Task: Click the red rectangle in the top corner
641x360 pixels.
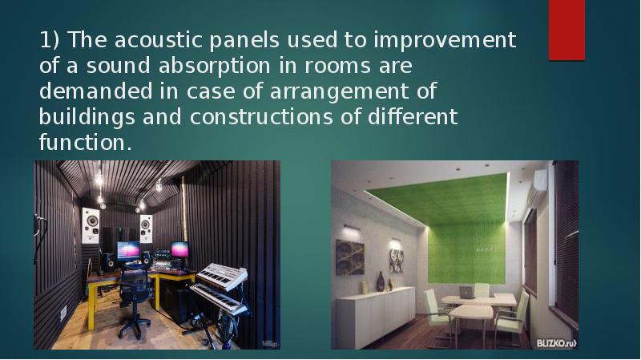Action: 566,30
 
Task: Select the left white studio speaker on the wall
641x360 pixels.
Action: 91,224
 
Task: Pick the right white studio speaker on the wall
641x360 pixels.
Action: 146,228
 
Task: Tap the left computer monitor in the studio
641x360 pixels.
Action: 128,250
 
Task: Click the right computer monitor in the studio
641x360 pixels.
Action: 180,249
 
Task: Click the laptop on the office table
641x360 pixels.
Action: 466,293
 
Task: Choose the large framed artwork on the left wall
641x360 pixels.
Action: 350,257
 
